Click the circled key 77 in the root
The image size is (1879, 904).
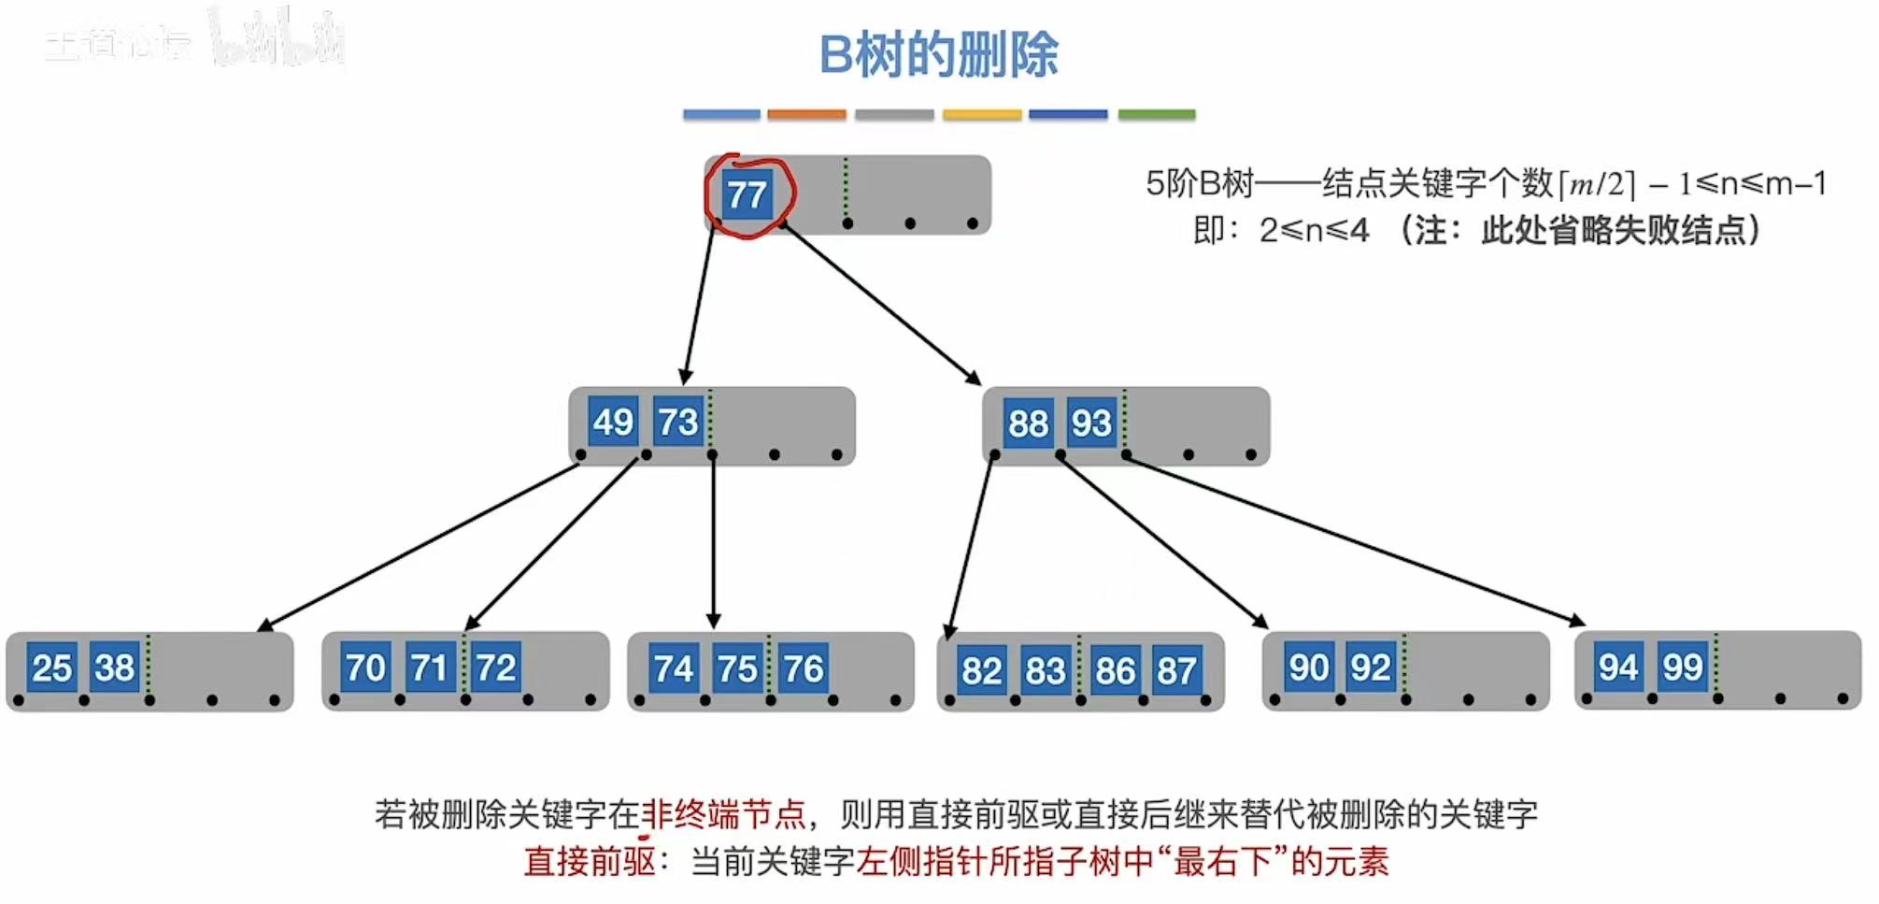(747, 194)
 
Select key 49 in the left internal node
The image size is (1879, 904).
(612, 422)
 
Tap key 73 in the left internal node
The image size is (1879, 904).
(677, 422)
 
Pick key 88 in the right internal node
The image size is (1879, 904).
(1028, 423)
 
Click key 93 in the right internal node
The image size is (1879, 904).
(1091, 423)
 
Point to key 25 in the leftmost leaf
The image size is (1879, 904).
(51, 667)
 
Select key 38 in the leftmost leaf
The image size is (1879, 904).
(115, 667)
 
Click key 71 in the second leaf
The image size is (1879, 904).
(430, 667)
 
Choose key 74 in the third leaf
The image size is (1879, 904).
(674, 668)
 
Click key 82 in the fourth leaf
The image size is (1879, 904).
(981, 670)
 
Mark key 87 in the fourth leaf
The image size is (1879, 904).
(1176, 670)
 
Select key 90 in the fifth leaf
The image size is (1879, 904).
(1308, 667)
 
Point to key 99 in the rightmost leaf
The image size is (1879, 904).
(1683, 667)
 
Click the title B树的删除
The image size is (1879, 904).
(938, 54)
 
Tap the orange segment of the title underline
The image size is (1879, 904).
(806, 114)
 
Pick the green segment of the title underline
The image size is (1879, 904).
(1157, 114)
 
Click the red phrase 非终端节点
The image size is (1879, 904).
(723, 814)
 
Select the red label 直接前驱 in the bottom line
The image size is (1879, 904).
(590, 861)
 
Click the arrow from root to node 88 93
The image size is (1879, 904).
(881, 303)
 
